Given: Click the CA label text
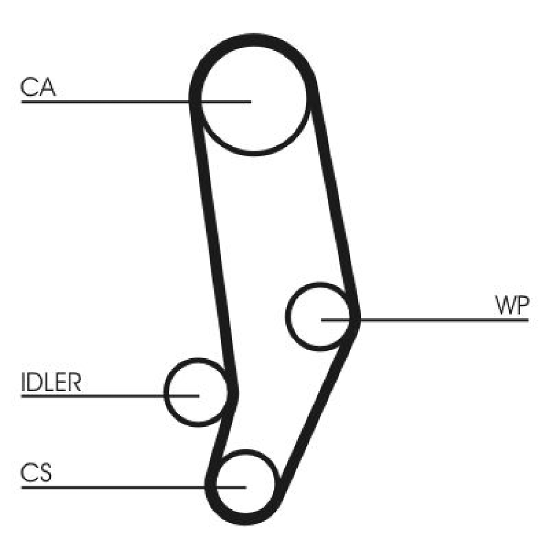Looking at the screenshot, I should tap(38, 88).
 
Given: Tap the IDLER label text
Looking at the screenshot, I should tap(51, 383).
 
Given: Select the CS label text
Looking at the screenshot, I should tap(36, 473).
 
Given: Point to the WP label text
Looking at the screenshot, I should tap(511, 306).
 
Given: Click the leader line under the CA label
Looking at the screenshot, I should tap(110, 102).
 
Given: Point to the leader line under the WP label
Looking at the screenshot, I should tap(439, 319).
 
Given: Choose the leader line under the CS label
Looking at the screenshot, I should tap(110, 486).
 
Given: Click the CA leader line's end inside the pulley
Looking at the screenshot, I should tap(250, 102).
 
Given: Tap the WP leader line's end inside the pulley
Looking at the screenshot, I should tap(323, 319).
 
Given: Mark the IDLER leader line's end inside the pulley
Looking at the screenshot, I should tap(197, 395).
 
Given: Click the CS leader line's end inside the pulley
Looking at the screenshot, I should tap(245, 486).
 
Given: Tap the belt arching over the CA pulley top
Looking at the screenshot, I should tap(253, 42).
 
